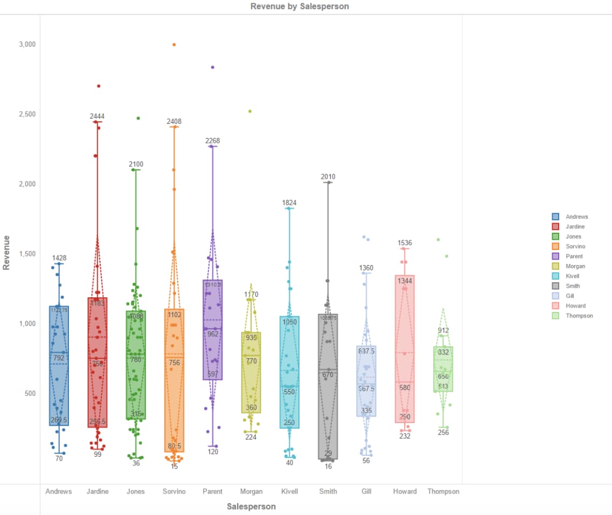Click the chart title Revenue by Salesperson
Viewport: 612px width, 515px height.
300,6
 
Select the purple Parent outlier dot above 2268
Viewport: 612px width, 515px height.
212,67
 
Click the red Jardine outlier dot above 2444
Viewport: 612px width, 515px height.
99,86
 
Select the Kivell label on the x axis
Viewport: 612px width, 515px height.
290,491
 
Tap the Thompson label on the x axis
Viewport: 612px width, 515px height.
443,491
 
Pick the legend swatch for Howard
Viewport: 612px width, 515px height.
555,306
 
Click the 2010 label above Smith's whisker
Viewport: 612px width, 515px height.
328,177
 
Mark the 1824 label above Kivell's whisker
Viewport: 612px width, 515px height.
289,203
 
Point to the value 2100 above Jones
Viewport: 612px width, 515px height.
136,164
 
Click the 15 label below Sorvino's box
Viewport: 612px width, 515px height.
174,467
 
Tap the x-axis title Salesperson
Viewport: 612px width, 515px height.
251,506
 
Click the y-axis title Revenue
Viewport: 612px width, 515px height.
6,252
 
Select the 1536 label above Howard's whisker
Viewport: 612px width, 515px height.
405,243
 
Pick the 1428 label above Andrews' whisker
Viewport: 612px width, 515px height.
59,258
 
